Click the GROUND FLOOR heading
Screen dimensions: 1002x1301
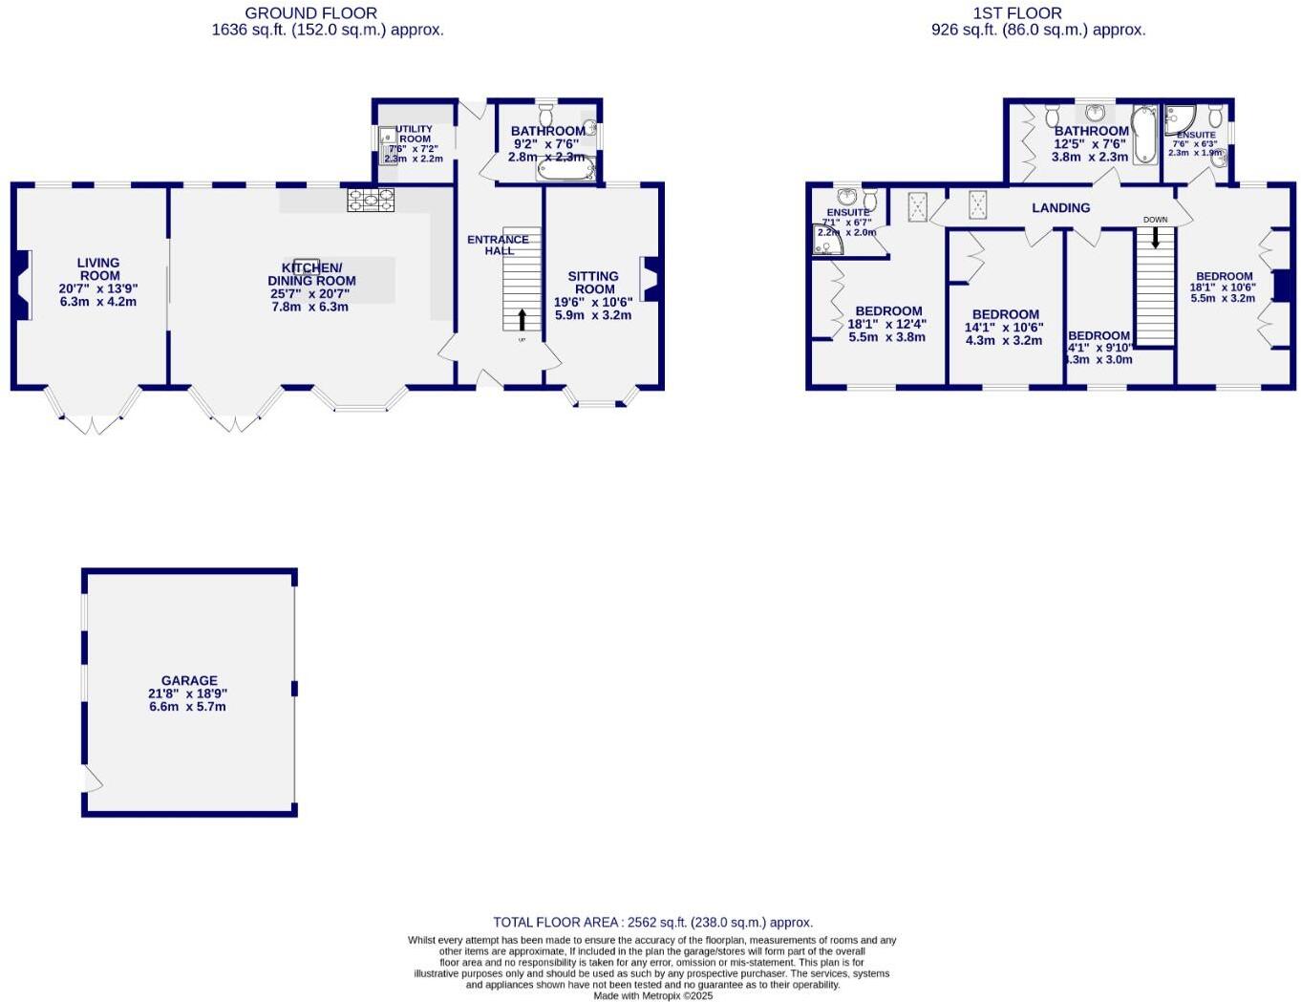click(x=310, y=13)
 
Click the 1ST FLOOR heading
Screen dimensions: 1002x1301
click(x=1016, y=13)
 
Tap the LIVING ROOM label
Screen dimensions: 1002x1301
click(x=98, y=268)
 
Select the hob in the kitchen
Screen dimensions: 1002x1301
click(x=371, y=200)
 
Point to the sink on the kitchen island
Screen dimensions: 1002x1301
click(x=307, y=265)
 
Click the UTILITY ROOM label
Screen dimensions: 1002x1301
click(x=415, y=134)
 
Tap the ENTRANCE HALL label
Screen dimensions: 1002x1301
click(x=498, y=245)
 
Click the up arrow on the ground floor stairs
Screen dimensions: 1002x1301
click(x=522, y=319)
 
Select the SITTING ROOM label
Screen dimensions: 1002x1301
click(x=593, y=282)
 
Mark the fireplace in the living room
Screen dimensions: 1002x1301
click(x=23, y=284)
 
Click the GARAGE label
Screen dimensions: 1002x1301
click(x=189, y=681)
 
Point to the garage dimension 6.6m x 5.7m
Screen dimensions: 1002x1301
click(x=187, y=707)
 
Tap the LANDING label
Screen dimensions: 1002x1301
click(x=1060, y=207)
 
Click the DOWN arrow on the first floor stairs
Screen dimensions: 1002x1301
click(x=1155, y=231)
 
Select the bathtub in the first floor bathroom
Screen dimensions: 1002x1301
click(x=1143, y=136)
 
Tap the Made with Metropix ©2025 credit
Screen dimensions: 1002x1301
click(x=652, y=995)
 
